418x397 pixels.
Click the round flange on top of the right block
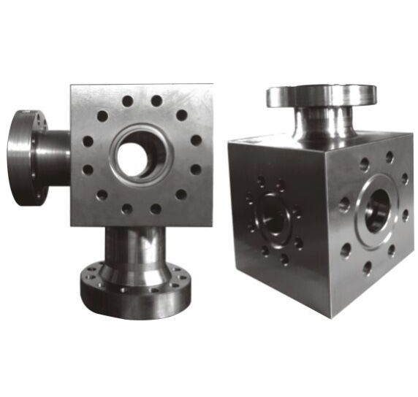322,95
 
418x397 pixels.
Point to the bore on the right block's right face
377,208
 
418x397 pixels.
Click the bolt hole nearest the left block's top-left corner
102,116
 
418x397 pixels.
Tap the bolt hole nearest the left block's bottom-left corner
102,196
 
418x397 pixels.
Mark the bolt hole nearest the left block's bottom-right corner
180,195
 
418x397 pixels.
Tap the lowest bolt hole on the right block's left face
283,259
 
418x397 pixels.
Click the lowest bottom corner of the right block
330,317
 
